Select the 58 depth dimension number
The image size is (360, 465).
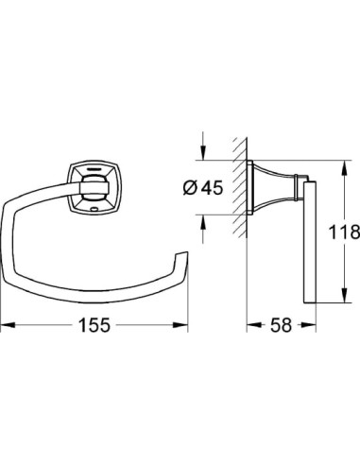coord(282,323)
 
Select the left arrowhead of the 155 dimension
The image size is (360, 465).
coord(6,323)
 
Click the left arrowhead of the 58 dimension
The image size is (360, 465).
coord(252,323)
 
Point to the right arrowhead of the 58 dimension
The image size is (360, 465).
coord(310,323)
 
